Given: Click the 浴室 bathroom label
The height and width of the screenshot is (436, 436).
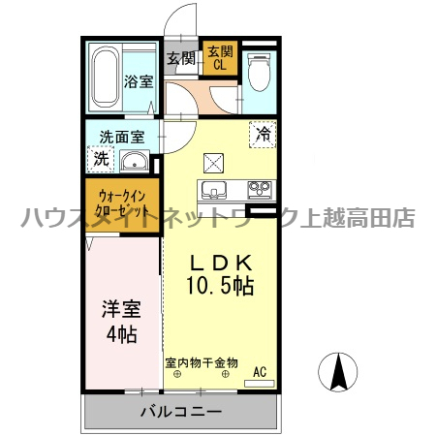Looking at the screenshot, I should [x=139, y=81].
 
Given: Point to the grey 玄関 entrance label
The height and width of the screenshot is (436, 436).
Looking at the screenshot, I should [x=181, y=58].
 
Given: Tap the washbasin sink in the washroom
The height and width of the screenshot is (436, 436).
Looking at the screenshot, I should [x=135, y=161].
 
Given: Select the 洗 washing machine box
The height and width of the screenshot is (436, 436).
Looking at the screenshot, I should [x=101, y=158].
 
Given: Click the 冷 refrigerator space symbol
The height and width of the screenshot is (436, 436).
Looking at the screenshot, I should [x=263, y=135].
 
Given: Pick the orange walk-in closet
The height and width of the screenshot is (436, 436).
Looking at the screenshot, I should [x=122, y=202].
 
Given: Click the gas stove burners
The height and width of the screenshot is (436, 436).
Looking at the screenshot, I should [x=259, y=188].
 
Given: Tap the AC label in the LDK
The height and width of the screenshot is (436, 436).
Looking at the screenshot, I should [x=259, y=370].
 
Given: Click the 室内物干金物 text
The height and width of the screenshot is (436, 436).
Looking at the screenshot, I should [x=201, y=362].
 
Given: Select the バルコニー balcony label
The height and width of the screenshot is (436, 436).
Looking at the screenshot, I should [x=180, y=411].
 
